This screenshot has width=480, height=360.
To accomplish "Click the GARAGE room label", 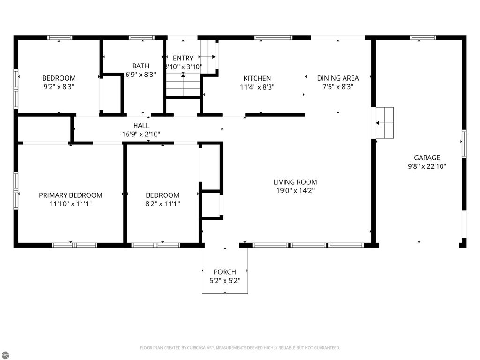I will click(x=427, y=158).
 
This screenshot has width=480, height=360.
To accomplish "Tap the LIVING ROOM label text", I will click(x=295, y=182).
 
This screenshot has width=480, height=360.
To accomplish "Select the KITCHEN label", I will click(x=257, y=78).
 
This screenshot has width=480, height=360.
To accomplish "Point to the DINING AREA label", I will click(x=337, y=78).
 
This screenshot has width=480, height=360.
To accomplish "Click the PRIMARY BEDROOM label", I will click(x=70, y=195).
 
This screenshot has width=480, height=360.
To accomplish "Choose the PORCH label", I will click(x=225, y=272).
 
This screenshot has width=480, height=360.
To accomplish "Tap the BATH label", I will click(x=141, y=66).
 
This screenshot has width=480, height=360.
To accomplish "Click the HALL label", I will click(x=141, y=126).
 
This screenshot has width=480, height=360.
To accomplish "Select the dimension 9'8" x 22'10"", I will click(x=427, y=166).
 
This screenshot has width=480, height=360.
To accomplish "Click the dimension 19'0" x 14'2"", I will click(x=295, y=190).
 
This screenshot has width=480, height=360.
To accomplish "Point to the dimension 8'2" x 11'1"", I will click(x=163, y=203).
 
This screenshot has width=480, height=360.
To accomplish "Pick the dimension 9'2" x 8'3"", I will click(x=59, y=87).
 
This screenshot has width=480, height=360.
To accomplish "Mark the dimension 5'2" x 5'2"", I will click(x=225, y=280).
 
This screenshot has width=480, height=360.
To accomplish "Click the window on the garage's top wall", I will click(x=423, y=37).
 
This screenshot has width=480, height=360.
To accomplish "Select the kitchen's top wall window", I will click(x=273, y=37).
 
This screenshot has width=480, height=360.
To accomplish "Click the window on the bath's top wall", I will click(x=142, y=37).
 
